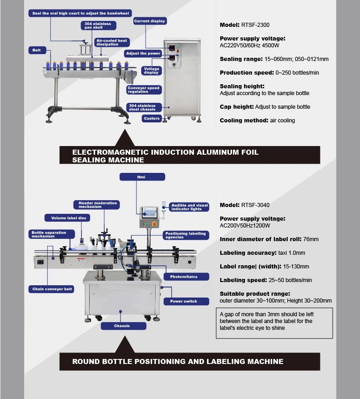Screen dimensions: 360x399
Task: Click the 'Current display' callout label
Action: [x=150, y=21]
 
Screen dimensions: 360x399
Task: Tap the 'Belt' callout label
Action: [x=37, y=50]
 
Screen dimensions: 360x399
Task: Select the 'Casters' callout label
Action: [x=152, y=118]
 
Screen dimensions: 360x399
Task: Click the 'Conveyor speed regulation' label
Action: [x=144, y=90]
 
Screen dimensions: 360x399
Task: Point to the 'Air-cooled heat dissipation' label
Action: [x=112, y=42]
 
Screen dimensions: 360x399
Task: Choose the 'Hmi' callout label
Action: [x=142, y=177]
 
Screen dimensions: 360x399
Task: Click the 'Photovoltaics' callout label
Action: [x=186, y=277]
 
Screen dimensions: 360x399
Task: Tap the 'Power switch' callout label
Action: [x=186, y=301]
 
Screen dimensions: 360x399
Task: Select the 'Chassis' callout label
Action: [x=123, y=326]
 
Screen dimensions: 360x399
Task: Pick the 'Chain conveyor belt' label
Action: [x=51, y=289]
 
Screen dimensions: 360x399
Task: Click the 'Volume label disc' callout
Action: [x=67, y=218]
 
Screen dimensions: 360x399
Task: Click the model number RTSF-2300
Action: [x=255, y=25]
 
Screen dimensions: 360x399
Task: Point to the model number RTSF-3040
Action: [x=255, y=205]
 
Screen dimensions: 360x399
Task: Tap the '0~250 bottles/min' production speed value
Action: [x=297, y=73]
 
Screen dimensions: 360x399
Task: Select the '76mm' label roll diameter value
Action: [x=311, y=239]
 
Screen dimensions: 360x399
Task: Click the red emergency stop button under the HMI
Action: [x=154, y=224]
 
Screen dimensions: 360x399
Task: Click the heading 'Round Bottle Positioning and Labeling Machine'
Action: [x=177, y=362]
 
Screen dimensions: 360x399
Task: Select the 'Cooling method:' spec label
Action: [x=244, y=121]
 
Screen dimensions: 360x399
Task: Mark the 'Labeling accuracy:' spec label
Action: [x=248, y=253]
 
